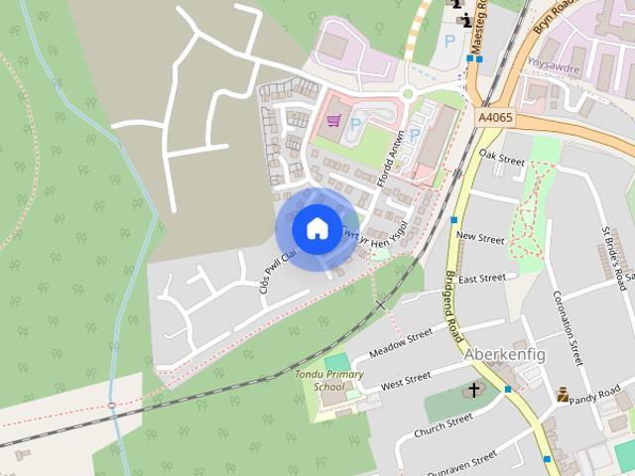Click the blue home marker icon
pos(317,228)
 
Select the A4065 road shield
pos(496,117)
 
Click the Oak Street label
pos(501,157)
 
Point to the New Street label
pos(480,238)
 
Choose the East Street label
pos(482,279)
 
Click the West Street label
pos(406,379)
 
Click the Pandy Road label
pos(602,395)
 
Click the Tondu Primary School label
pos(328,381)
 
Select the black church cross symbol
pos(474,390)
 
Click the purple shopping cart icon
pos(334,121)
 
